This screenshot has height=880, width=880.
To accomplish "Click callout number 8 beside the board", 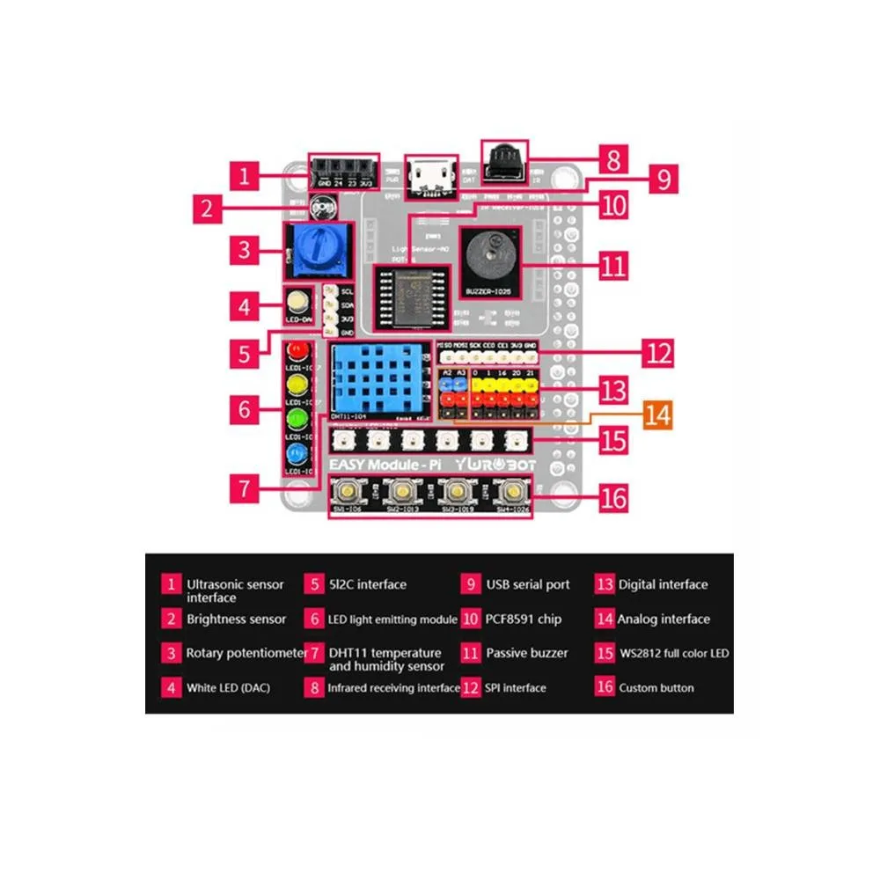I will click(x=614, y=160).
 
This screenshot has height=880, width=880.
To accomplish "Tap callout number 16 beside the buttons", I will click(x=613, y=498).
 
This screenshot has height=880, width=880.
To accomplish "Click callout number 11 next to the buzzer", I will click(x=613, y=265).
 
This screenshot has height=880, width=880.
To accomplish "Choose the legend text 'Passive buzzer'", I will click(x=527, y=654).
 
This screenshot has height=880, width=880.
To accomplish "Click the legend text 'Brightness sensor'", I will click(x=236, y=620).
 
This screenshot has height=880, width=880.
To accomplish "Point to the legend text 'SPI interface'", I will click(x=516, y=688).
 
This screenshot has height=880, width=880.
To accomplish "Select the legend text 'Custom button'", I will click(x=656, y=688).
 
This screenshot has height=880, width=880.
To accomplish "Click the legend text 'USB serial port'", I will click(x=528, y=584).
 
